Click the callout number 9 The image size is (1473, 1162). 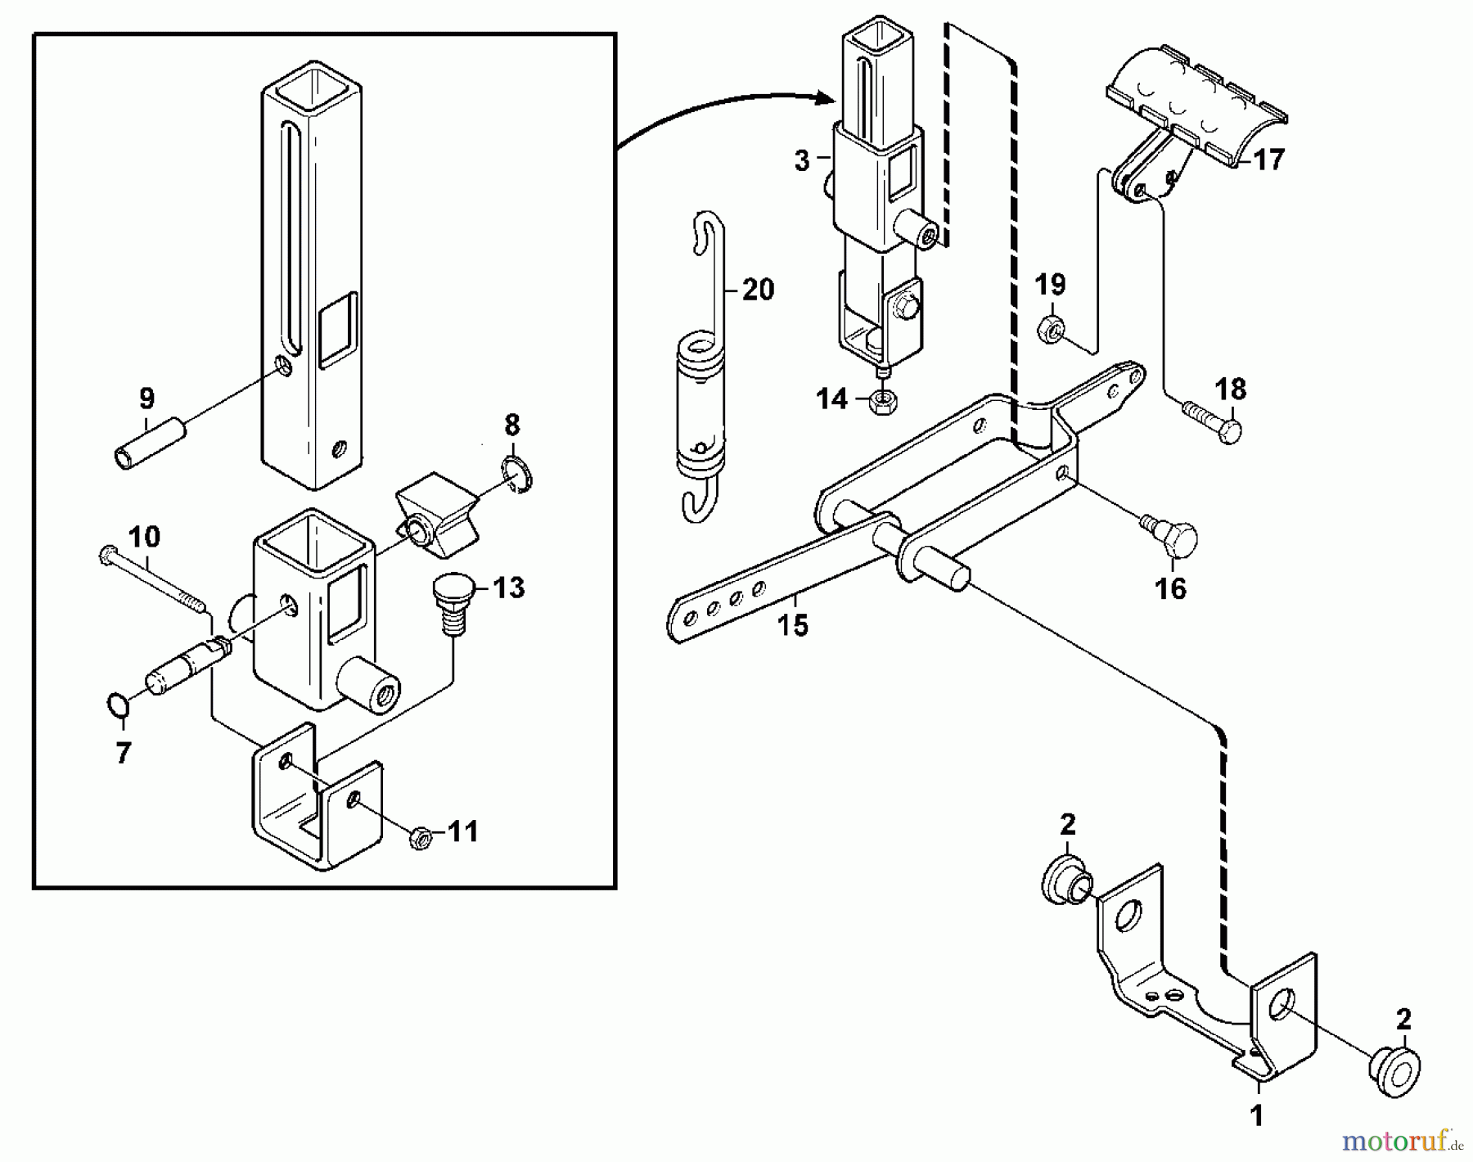[x=146, y=399]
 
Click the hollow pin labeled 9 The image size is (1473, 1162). [x=148, y=442]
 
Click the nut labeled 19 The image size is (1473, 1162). [x=1052, y=329]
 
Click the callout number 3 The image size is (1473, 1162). [x=802, y=161]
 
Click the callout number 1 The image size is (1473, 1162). [x=1258, y=1116]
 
